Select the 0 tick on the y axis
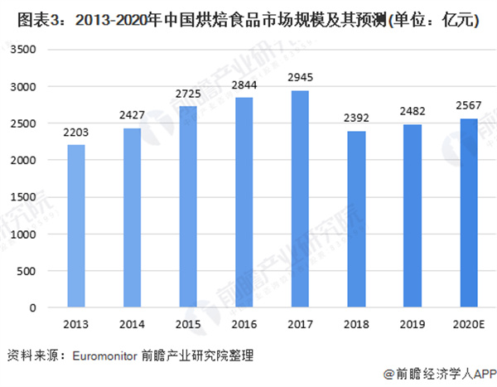coord(36,308)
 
